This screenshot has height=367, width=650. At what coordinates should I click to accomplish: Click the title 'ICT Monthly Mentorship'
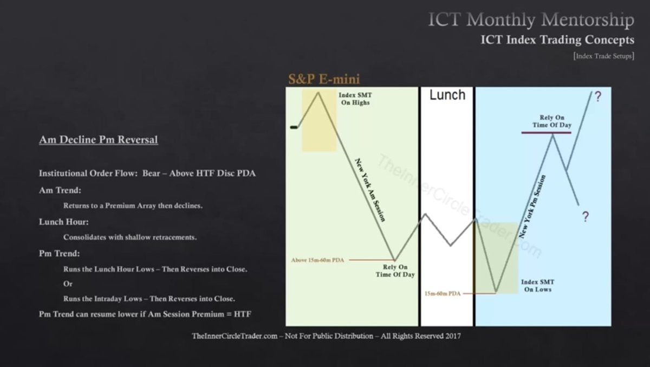[531, 21]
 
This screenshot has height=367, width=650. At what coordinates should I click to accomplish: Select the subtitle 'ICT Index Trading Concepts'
[557, 40]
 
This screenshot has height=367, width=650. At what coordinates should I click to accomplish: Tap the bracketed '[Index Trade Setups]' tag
[603, 56]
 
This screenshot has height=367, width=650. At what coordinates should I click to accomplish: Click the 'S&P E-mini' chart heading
[323, 79]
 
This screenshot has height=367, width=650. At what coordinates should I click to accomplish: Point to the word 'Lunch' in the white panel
[447, 95]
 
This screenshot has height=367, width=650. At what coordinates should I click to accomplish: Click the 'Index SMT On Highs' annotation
[355, 99]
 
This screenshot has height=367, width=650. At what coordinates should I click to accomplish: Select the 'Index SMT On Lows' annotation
[537, 286]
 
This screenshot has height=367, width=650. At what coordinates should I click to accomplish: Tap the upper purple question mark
[597, 97]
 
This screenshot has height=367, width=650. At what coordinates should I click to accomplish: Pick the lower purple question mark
[586, 217]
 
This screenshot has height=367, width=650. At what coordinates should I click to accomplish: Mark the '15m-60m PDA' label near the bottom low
[443, 293]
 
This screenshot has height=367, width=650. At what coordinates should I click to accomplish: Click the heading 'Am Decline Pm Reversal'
[99, 140]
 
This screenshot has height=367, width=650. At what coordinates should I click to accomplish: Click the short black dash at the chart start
[294, 127]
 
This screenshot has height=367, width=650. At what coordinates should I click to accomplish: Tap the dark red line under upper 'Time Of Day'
[547, 132]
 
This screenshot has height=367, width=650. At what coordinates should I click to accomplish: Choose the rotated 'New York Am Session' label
[370, 190]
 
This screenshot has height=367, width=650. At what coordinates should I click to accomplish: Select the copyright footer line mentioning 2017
[326, 336]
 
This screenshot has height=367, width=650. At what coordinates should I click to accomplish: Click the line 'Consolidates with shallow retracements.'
[129, 237]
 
